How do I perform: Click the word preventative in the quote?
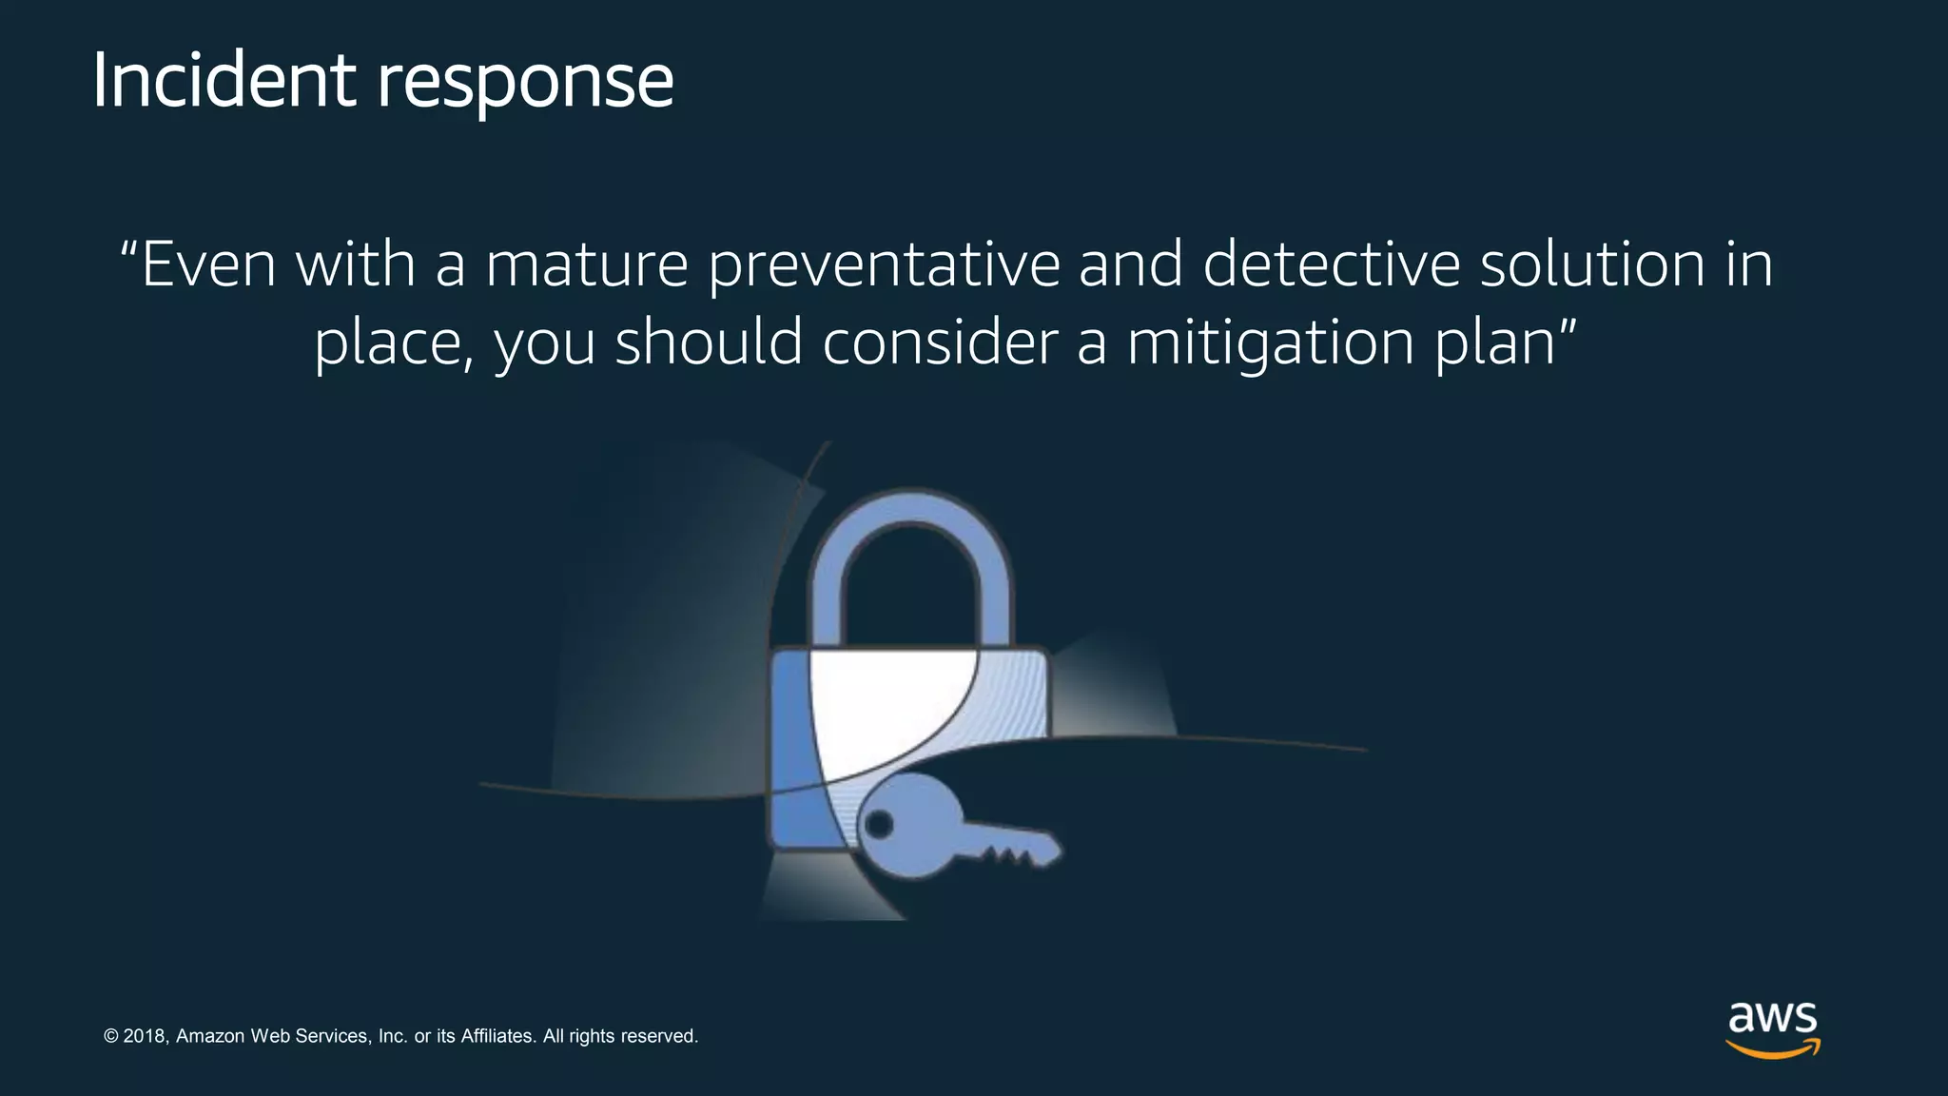[884, 266]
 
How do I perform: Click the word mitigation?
[1270, 343]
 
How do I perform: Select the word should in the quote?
[709, 342]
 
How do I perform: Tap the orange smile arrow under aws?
[1773, 1050]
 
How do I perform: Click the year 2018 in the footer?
[145, 1036]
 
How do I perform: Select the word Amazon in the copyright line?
[210, 1036]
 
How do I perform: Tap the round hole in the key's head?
[879, 824]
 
